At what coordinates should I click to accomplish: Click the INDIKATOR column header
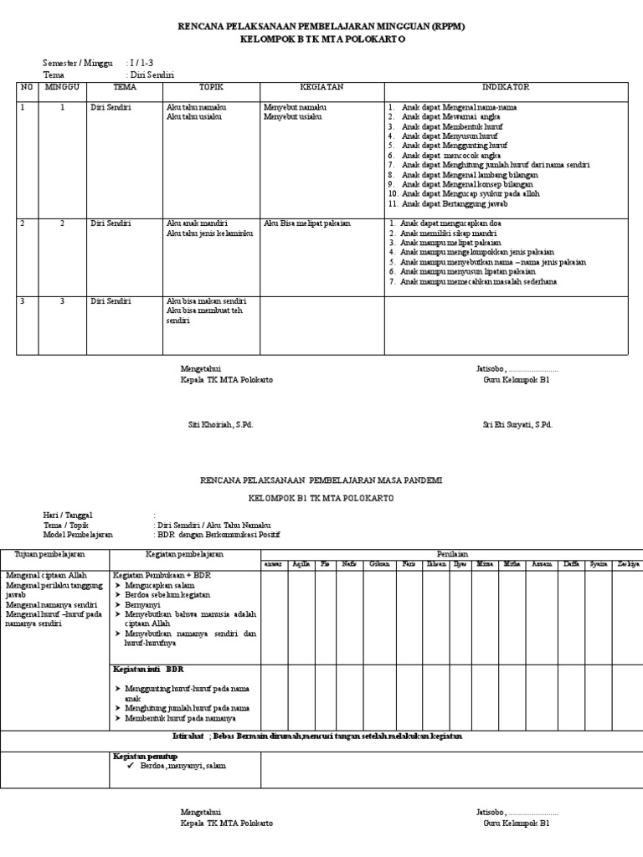tap(505, 87)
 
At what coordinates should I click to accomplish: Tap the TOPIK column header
tap(211, 87)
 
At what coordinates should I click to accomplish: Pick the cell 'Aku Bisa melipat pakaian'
tap(307, 224)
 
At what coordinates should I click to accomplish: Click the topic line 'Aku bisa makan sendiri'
tap(200, 301)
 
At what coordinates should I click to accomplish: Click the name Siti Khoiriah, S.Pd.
tap(220, 425)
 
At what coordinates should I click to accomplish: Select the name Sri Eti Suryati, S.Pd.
tap(517, 425)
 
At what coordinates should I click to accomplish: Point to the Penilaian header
tap(452, 554)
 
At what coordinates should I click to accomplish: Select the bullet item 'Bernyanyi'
tap(145, 602)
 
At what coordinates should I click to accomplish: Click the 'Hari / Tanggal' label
tap(68, 515)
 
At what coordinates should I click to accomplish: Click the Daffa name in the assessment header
tap(571, 564)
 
